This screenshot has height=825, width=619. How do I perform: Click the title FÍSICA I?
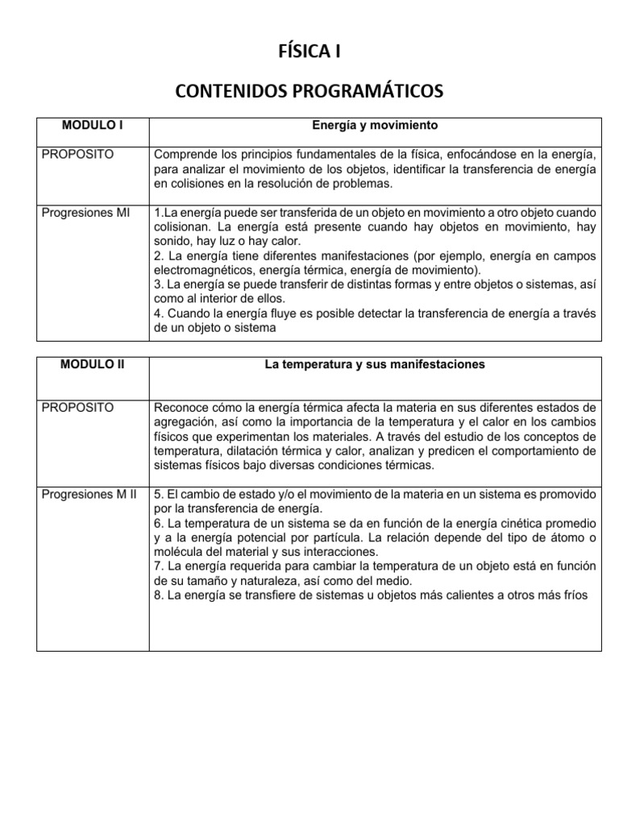(x=309, y=52)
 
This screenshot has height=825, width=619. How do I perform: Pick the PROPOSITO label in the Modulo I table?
(x=77, y=154)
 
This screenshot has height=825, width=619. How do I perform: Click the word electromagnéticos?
(x=204, y=270)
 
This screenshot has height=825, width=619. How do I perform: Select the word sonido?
(x=172, y=241)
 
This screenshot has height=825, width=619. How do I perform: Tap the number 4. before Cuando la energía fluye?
(x=158, y=313)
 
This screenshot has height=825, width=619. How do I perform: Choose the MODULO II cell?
(x=93, y=364)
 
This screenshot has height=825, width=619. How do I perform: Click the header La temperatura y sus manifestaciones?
(x=375, y=364)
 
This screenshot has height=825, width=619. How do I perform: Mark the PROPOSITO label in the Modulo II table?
(x=77, y=407)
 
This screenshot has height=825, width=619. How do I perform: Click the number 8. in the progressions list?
(x=158, y=595)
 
